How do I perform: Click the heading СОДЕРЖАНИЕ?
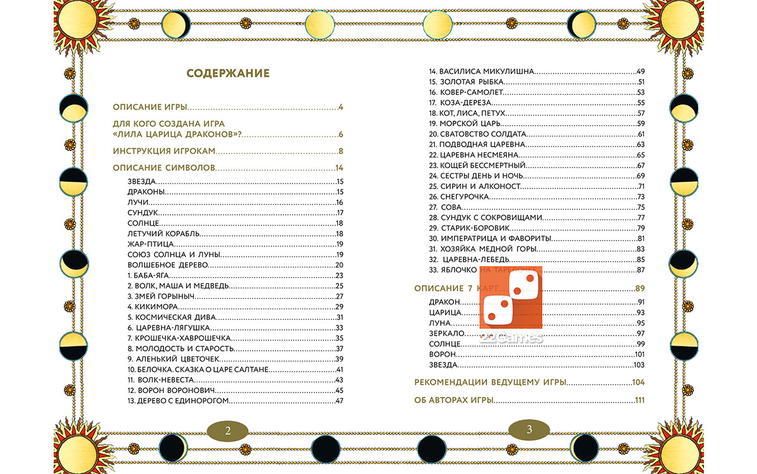tap(228, 73)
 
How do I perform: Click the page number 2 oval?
tap(228, 430)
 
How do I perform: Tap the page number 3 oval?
tap(529, 430)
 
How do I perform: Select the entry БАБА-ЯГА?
tap(146, 276)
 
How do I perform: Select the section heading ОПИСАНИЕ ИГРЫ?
tap(150, 107)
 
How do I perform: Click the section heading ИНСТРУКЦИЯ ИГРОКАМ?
tap(164, 151)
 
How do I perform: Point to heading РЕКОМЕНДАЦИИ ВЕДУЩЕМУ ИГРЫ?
tap(490, 382)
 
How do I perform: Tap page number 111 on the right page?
tap(639, 400)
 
